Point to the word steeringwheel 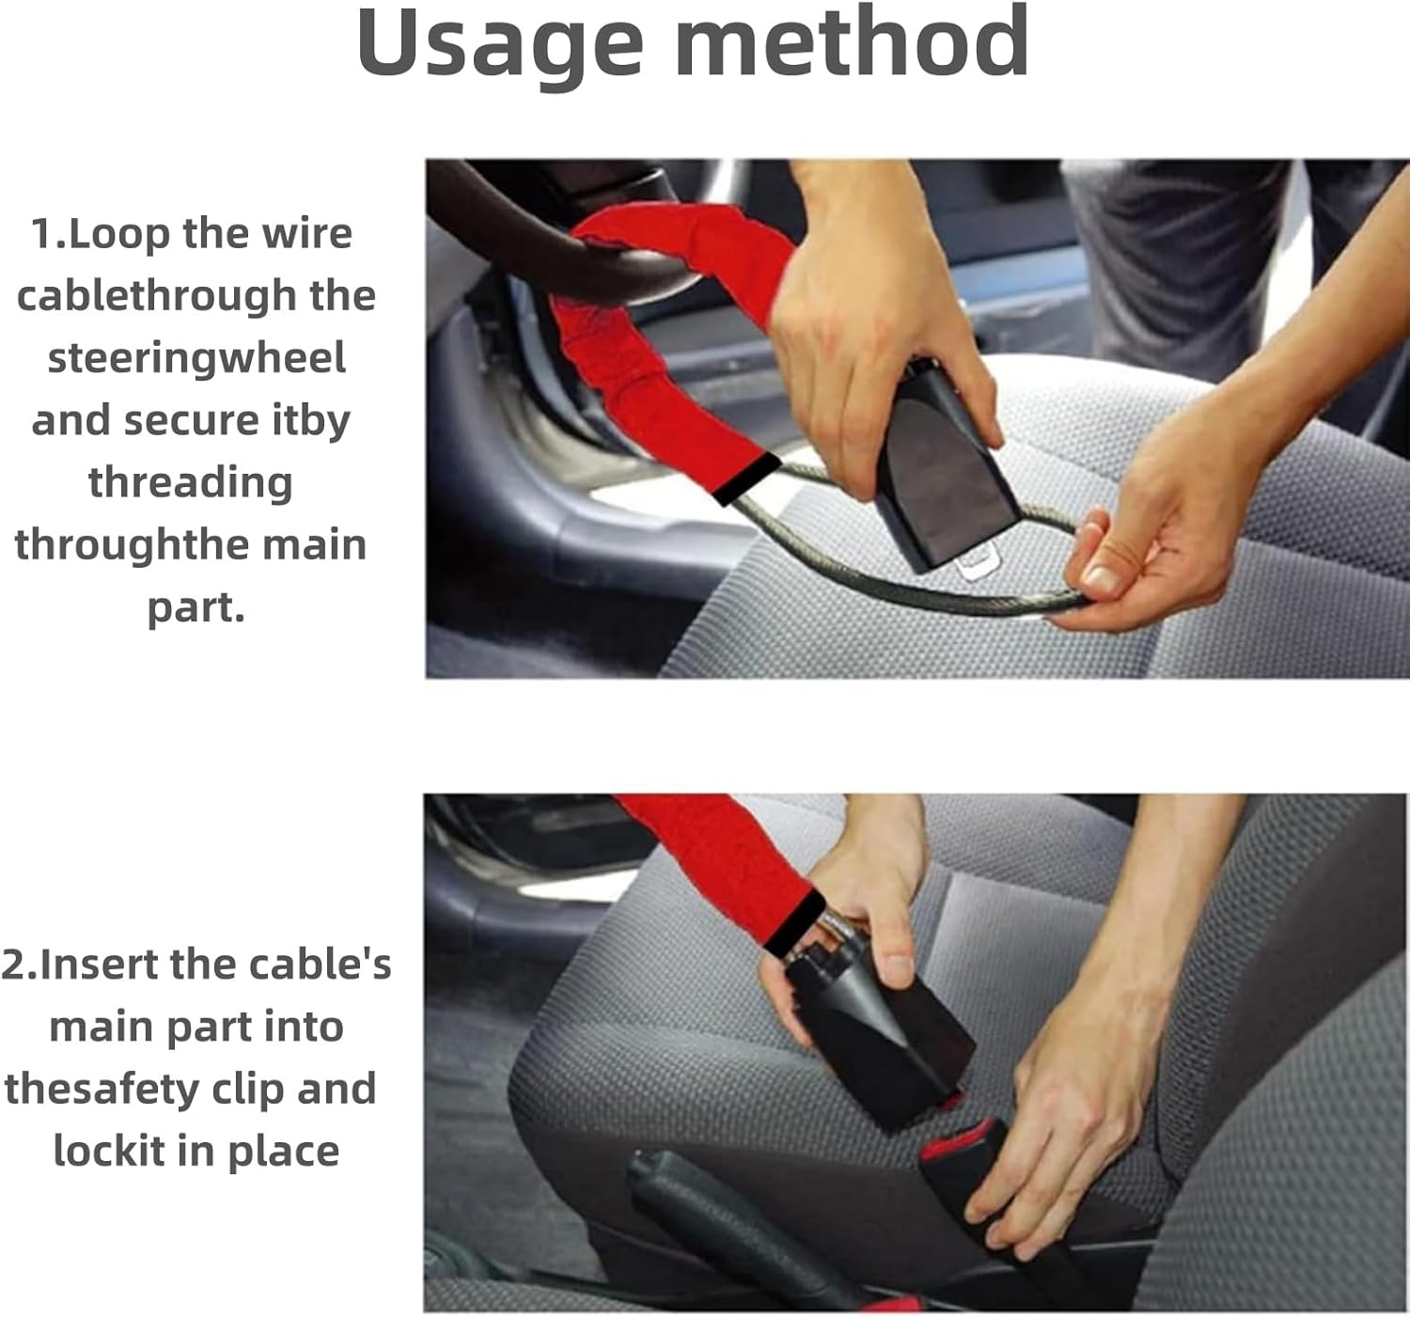coord(196,358)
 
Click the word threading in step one coord(191,482)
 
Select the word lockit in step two coord(108,1151)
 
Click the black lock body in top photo coord(945,479)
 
